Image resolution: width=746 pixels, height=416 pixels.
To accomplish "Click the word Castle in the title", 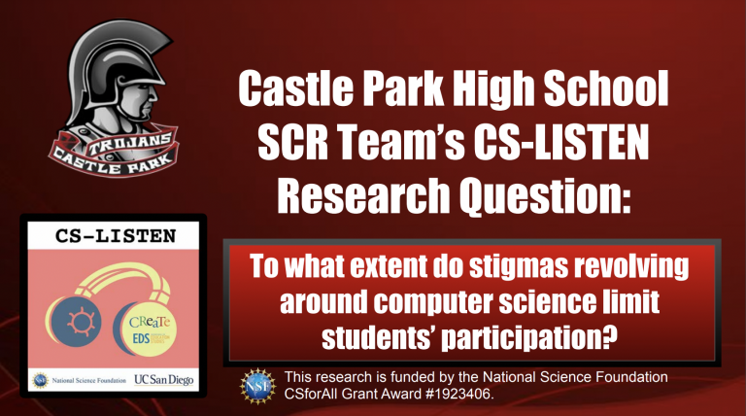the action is [x=295, y=88].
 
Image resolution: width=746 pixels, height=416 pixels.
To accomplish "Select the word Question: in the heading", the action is [x=545, y=194].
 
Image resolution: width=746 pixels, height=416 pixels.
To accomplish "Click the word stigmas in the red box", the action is [x=519, y=266].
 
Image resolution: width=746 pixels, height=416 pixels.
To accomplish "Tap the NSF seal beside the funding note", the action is [x=257, y=386].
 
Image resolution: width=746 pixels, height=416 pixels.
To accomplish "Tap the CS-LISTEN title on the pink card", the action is [x=116, y=236].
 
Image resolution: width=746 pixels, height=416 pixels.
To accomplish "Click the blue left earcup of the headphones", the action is [x=75, y=321].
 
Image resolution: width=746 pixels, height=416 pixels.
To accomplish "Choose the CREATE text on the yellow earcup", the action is [x=150, y=322].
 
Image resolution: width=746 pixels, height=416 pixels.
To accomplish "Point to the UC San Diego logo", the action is [x=163, y=380].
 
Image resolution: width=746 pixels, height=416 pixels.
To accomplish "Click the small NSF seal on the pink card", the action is [x=40, y=380].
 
